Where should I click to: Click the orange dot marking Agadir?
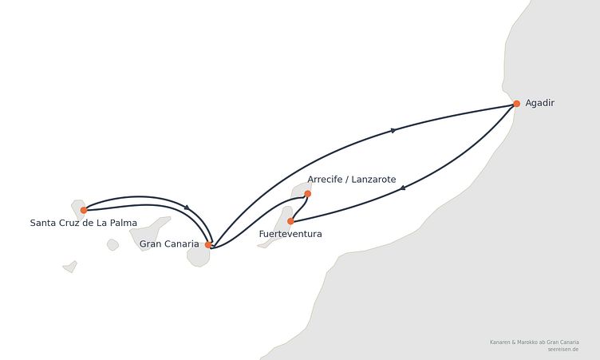[x=516, y=104]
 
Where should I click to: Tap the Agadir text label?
[x=539, y=103]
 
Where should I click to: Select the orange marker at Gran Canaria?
[x=208, y=245]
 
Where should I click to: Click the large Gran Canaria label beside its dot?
[x=169, y=244]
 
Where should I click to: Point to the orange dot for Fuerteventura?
[x=290, y=221]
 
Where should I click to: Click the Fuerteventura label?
[x=290, y=234]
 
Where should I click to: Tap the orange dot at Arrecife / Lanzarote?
[x=308, y=194]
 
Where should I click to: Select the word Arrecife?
[x=325, y=180]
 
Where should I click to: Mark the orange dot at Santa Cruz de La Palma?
[x=84, y=210]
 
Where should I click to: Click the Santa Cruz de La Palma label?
[x=84, y=223]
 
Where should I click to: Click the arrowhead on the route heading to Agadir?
[x=393, y=131]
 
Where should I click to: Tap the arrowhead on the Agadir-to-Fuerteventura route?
[x=403, y=188]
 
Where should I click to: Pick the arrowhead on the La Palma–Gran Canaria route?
[x=187, y=208]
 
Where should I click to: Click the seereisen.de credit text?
[x=562, y=350]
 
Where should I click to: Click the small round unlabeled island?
[x=112, y=245]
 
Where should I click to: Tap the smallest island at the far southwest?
[x=70, y=267]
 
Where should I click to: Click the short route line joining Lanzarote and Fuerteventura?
[x=301, y=208]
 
